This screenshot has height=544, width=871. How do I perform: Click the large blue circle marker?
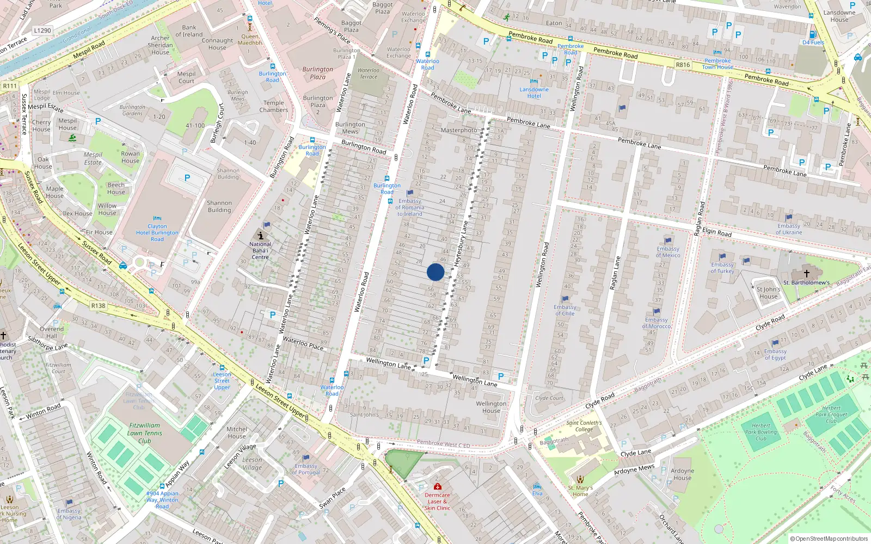pyautogui.click(x=436, y=272)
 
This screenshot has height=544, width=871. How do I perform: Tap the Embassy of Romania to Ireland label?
pyautogui.click(x=410, y=207)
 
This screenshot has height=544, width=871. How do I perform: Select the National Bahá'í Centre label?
pyautogui.click(x=260, y=250)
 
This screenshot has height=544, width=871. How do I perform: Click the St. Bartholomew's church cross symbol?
pyautogui.click(x=807, y=273)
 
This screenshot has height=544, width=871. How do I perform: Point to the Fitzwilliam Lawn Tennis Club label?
pyautogui.click(x=145, y=433)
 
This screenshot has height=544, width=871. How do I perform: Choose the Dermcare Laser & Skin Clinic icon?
pyautogui.click(x=437, y=486)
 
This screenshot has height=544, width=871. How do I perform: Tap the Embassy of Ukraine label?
pyautogui.click(x=789, y=229)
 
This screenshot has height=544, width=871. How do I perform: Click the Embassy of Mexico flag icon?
pyautogui.click(x=668, y=240)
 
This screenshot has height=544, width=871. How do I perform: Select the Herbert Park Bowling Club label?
pyautogui.click(x=761, y=432)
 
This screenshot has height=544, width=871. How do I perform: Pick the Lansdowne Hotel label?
pyautogui.click(x=534, y=92)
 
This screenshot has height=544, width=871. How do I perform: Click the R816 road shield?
pyautogui.click(x=683, y=65)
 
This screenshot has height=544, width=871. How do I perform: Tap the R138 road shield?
pyautogui.click(x=98, y=306)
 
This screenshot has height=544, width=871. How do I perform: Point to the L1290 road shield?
pyautogui.click(x=42, y=30)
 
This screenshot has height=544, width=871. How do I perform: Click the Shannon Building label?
pyautogui.click(x=219, y=206)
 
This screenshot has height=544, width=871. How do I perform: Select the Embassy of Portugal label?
pyautogui.click(x=306, y=469)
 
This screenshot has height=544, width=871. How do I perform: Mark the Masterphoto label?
pyautogui.click(x=459, y=130)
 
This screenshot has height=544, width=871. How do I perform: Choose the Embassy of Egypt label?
pyautogui.click(x=775, y=354)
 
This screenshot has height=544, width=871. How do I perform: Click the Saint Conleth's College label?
pyautogui.click(x=584, y=426)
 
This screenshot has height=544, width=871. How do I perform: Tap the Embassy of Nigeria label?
pyautogui.click(x=69, y=514)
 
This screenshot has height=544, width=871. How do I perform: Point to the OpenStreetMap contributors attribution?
pyautogui.click(x=829, y=539)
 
